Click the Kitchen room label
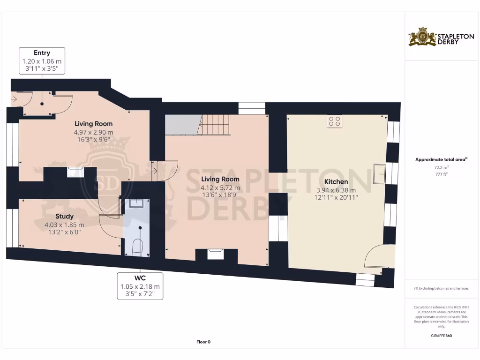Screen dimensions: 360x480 (x=336, y=181)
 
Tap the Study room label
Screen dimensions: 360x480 (x=65, y=217)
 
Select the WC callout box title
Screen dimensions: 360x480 (x=140, y=278)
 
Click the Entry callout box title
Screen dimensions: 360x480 (x=42, y=53)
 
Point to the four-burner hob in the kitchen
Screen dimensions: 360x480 (x=335, y=121)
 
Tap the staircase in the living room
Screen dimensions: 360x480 (x=215, y=125)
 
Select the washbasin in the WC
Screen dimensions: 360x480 (x=136, y=203)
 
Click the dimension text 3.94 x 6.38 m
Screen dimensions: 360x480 (x=336, y=190)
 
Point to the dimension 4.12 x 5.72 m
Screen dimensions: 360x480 (x=220, y=188)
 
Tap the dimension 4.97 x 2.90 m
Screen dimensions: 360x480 (x=93, y=133)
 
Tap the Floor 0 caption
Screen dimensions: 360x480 (x=203, y=342)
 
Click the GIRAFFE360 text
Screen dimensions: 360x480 (x=441, y=336)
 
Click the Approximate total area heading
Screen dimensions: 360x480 (x=441, y=160)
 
